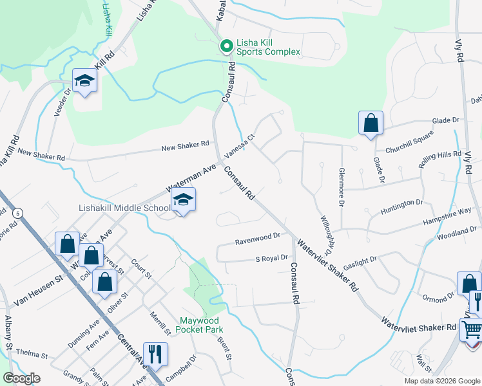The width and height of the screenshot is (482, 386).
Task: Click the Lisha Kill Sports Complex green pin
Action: tap(226, 46)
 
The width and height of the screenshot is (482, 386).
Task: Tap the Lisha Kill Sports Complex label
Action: tap(269, 46)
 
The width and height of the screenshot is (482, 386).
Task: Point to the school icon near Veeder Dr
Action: tap(84, 80)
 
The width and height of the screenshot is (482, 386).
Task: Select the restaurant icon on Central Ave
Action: tap(155, 354)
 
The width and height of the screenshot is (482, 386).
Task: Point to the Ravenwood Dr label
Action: tap(258, 236)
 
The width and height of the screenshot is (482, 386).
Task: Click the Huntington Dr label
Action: tap(401, 204)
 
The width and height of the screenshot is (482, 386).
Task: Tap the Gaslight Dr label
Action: tap(360, 261)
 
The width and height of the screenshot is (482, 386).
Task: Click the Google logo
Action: tap(21, 378)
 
